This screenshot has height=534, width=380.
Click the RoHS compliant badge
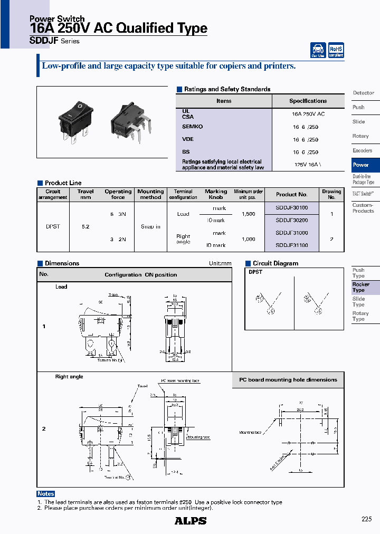(x=336, y=50)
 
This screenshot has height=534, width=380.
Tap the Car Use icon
(x=318, y=50)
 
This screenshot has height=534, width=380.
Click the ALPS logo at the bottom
(x=190, y=520)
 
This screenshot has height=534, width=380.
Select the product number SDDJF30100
(x=291, y=208)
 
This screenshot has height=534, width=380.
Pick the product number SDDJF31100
(x=291, y=245)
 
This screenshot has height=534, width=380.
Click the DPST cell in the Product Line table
(x=53, y=226)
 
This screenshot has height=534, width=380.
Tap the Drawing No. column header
(x=331, y=194)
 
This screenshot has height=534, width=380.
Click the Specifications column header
(x=308, y=101)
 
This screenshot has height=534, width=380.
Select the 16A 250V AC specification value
(x=308, y=114)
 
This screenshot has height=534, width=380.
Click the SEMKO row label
(x=192, y=127)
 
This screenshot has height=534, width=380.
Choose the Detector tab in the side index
(x=363, y=93)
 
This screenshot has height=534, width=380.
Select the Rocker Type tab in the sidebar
(x=361, y=287)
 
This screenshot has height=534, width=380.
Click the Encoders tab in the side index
(x=362, y=150)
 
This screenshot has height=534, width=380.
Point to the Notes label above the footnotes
(x=46, y=494)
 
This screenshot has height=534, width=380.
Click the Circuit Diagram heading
(x=275, y=263)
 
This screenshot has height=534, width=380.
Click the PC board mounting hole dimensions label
(x=288, y=380)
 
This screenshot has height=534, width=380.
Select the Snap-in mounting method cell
(x=150, y=226)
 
